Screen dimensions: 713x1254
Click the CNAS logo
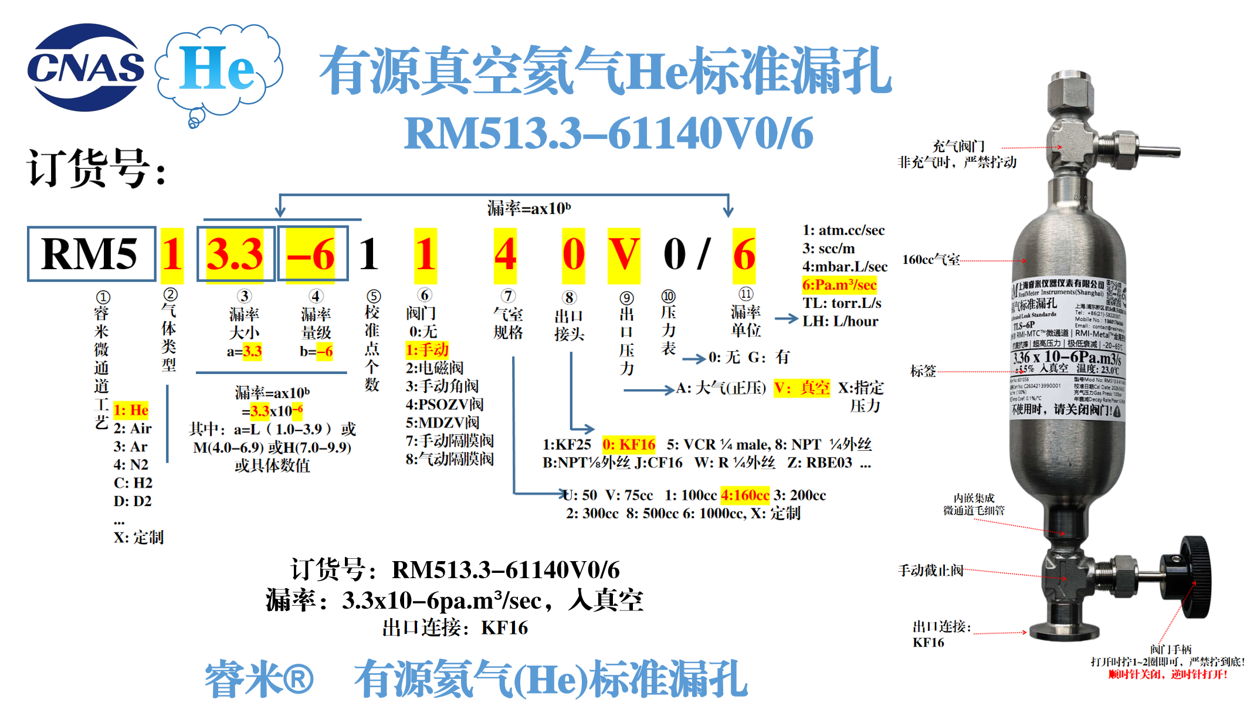(86, 67)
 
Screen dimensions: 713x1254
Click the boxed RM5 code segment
(91, 254)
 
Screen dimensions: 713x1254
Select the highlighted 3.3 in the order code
(235, 254)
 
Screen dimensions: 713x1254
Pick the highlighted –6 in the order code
(311, 254)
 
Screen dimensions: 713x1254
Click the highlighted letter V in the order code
(623, 254)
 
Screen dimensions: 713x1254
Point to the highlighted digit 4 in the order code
(505, 254)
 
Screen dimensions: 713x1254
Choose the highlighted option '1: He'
(131, 410)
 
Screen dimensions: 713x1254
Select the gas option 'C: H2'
(133, 483)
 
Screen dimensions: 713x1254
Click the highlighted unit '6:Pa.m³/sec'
(839, 285)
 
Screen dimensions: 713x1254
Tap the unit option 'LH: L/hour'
(840, 321)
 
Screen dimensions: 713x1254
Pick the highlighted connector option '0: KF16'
(629, 444)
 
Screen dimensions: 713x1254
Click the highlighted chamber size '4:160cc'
(745, 495)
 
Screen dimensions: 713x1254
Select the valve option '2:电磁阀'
(435, 368)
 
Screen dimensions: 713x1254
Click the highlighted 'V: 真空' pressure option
(802, 388)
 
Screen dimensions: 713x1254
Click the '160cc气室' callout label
(931, 259)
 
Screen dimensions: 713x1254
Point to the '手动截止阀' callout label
(930, 570)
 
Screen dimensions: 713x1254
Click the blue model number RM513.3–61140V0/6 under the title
(608, 134)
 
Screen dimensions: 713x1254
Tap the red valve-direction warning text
(1168, 674)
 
